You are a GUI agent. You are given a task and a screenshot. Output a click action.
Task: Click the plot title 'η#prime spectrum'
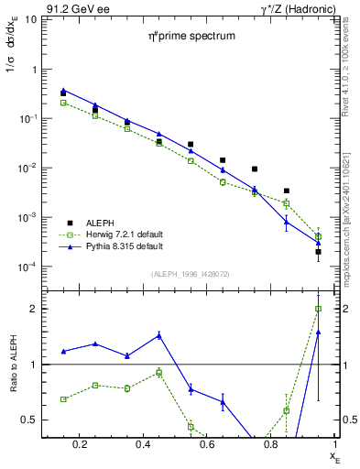click(192, 36)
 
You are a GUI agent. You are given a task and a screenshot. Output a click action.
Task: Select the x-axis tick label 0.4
click(143, 446)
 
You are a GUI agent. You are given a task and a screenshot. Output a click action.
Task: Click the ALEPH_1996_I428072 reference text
click(191, 274)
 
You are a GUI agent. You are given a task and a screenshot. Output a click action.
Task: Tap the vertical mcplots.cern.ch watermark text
click(349, 211)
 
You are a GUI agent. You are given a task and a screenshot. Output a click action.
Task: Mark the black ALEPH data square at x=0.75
click(255, 169)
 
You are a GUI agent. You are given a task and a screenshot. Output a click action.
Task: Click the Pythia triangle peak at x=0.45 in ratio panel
click(159, 335)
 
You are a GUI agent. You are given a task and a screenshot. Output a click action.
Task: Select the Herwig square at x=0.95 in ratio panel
click(318, 309)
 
